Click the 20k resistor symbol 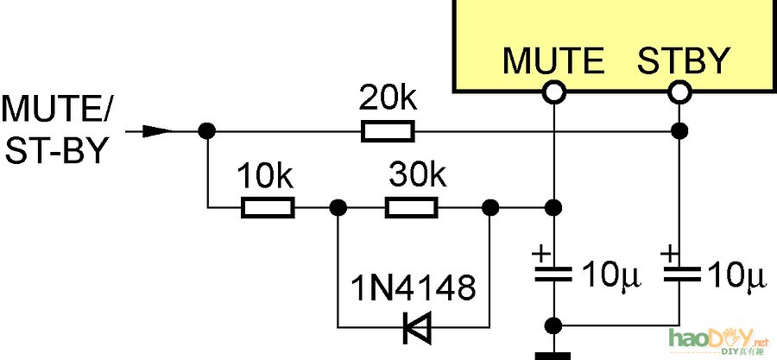coord(388,131)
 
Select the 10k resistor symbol coord(268,207)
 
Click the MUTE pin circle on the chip coord(553,91)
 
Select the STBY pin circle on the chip coord(680,91)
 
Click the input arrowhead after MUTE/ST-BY coord(155,131)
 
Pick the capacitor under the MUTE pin coord(553,275)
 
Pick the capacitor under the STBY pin coord(680,275)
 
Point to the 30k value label coord(417,178)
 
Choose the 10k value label coord(266,178)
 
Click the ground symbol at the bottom coord(553,354)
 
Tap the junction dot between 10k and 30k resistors coord(338,207)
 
